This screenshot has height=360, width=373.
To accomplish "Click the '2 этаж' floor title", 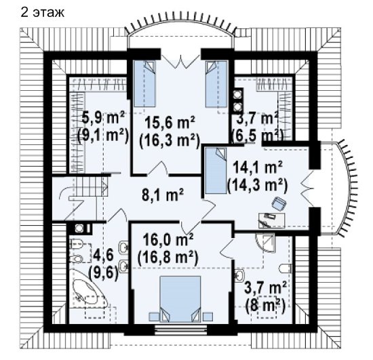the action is (42, 13).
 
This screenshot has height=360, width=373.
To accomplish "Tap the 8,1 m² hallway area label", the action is (163, 196).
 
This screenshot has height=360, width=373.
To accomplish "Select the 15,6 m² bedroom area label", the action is (170, 123).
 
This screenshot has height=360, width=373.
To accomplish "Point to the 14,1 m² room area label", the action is (258, 168).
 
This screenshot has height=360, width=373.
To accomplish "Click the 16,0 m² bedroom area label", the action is (168, 240).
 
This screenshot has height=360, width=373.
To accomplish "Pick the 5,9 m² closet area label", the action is (103, 118).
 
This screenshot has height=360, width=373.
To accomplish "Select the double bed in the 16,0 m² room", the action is (180, 299).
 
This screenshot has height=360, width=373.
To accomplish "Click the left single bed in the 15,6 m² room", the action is (144, 83).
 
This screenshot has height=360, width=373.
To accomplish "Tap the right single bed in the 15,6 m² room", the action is (216, 83).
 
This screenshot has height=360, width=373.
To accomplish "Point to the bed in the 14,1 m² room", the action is (216, 170).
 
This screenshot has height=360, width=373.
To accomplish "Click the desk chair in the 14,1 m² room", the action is (279, 204).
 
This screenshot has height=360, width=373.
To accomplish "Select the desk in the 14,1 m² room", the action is (272, 220).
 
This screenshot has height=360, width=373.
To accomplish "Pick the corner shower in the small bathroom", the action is (265, 243).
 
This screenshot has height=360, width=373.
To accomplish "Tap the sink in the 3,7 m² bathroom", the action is (239, 275).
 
